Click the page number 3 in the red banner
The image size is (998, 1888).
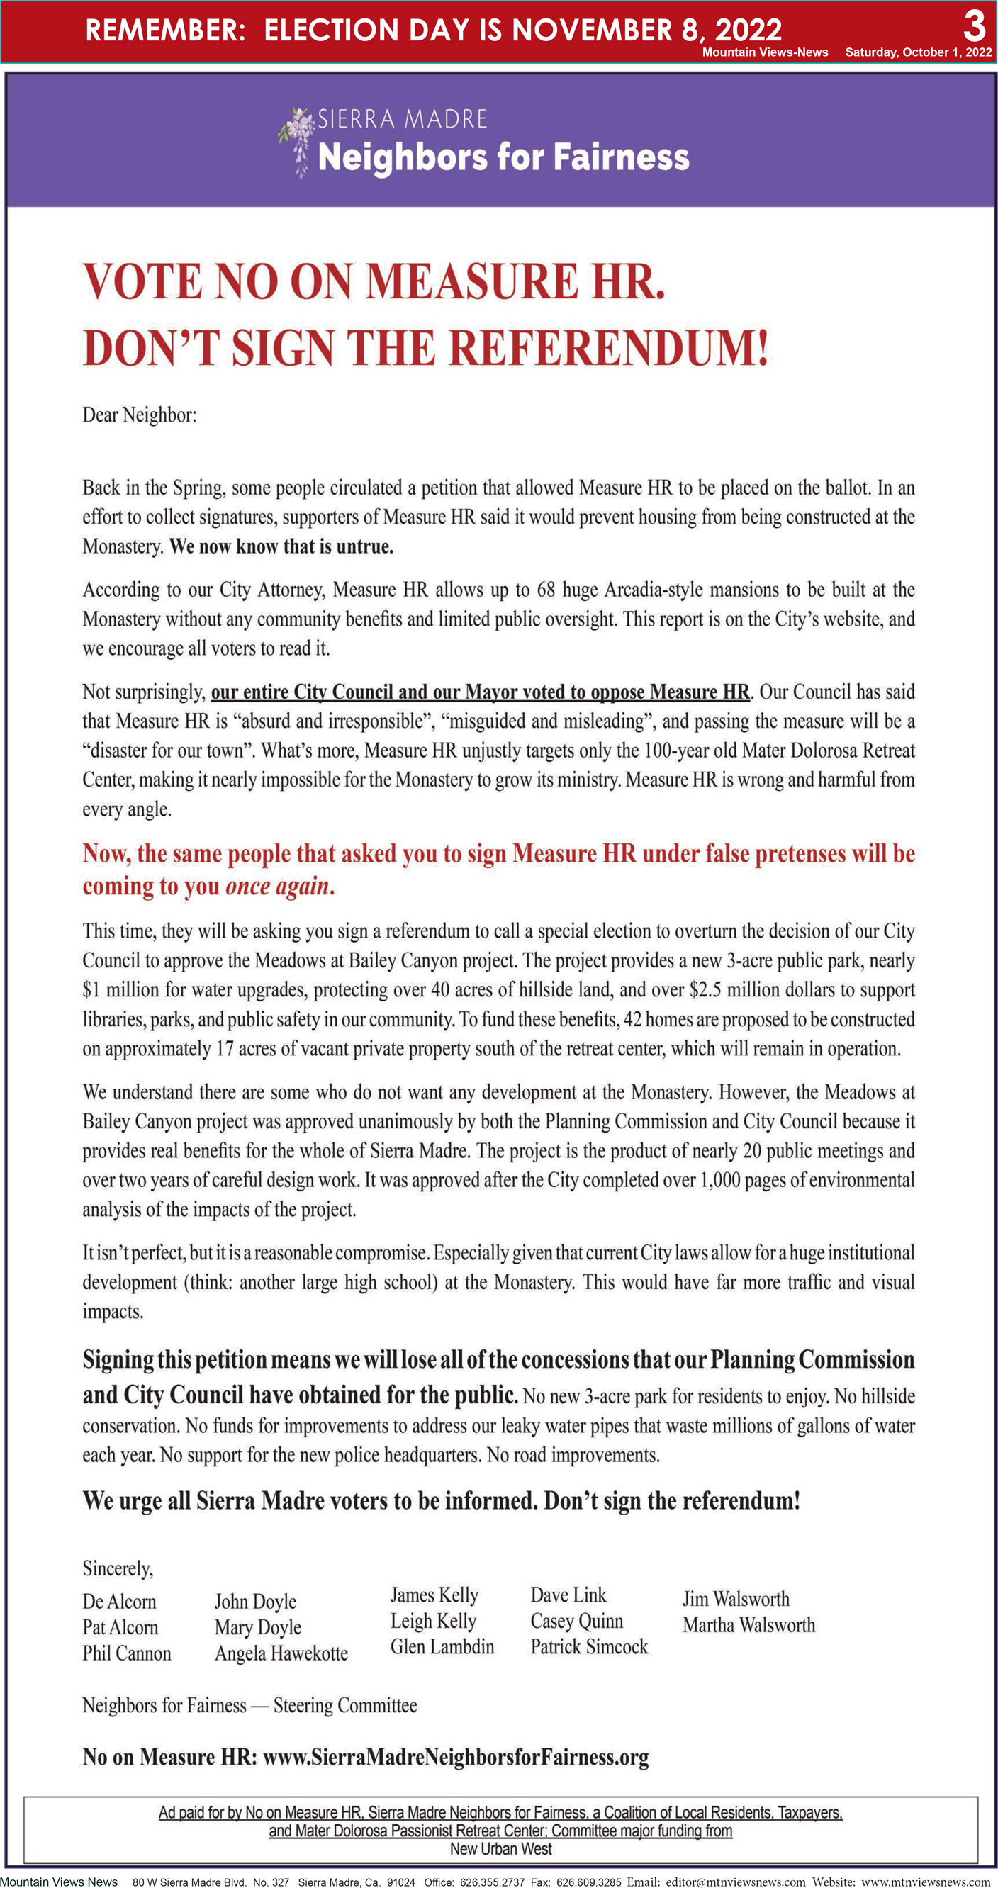(x=974, y=26)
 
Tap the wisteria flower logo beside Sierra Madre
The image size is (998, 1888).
(x=297, y=141)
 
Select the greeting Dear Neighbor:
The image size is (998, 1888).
(x=140, y=415)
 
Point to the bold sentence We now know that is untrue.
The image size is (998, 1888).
(x=281, y=546)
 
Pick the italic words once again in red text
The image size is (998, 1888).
(x=276, y=886)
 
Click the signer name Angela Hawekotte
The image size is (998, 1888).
(x=281, y=1653)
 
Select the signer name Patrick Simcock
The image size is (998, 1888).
(x=589, y=1647)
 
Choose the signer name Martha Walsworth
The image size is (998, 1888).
(x=748, y=1625)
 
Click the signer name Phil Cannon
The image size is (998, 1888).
(x=126, y=1653)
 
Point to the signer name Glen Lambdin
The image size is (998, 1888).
(x=442, y=1647)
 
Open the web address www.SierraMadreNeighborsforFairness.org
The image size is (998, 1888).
(x=455, y=1758)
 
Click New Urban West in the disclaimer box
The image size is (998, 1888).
(x=501, y=1848)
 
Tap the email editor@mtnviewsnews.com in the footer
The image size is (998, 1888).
(x=736, y=1882)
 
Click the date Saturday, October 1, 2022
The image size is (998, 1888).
(x=918, y=52)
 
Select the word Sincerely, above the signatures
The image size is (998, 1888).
(x=118, y=1569)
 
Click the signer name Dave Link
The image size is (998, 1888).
(x=568, y=1595)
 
